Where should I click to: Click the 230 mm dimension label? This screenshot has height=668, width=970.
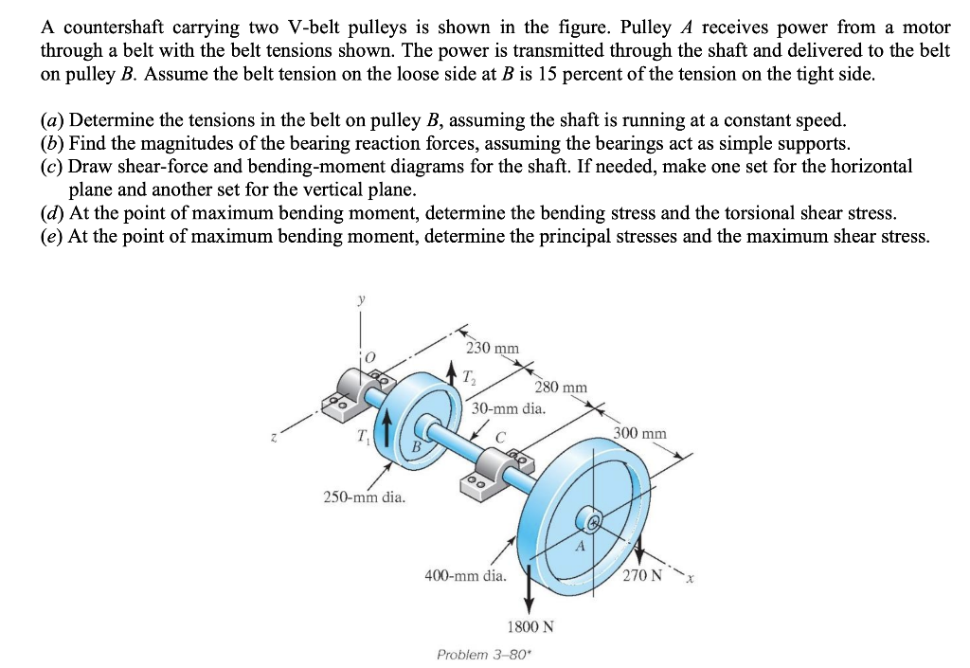pyautogui.click(x=494, y=348)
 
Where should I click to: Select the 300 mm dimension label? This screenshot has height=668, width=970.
pyautogui.click(x=640, y=434)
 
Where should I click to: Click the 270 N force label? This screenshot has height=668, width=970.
pyautogui.click(x=644, y=574)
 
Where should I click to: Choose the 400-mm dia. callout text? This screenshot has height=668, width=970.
pyautogui.click(x=465, y=575)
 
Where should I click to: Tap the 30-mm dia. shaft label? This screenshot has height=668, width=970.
pyautogui.click(x=509, y=409)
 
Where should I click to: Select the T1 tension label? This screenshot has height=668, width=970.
pyautogui.click(x=363, y=436)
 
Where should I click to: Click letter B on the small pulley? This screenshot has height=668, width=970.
pyautogui.click(x=414, y=445)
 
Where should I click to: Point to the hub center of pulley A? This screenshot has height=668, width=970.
pyautogui.click(x=594, y=521)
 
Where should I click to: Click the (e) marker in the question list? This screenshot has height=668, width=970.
pyautogui.click(x=51, y=235)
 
